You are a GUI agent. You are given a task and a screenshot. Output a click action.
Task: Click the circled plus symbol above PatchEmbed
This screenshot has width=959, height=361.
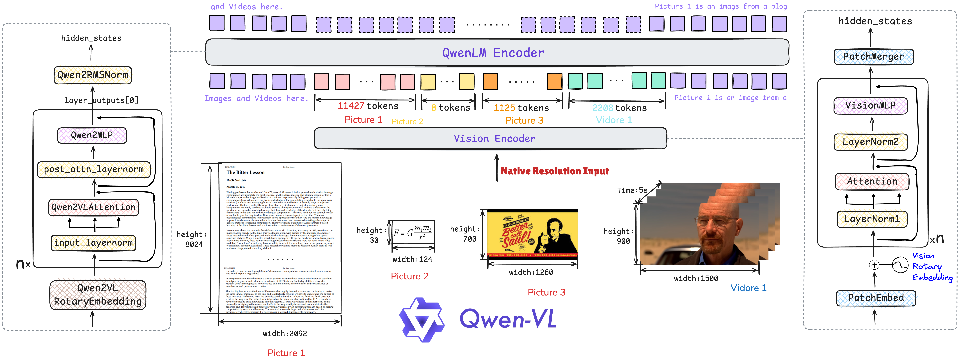[x=874, y=265]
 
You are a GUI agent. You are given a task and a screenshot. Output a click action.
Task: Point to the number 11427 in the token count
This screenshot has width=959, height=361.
[x=351, y=106]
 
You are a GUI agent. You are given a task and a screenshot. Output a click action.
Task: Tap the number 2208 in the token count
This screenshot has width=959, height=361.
[x=602, y=108]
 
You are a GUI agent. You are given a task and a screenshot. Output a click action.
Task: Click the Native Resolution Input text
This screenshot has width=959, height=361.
[x=555, y=171]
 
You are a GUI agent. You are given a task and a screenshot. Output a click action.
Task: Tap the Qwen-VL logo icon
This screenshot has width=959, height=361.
[x=422, y=320]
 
